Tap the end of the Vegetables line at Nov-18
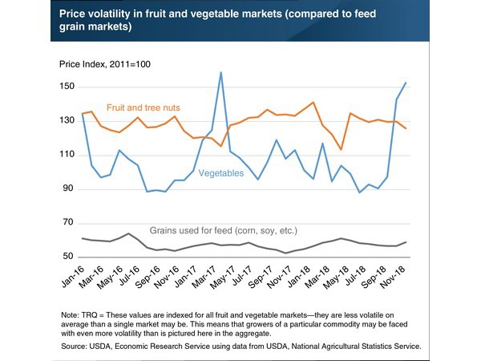pos(406,82)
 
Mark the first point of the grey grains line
pos(84,238)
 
